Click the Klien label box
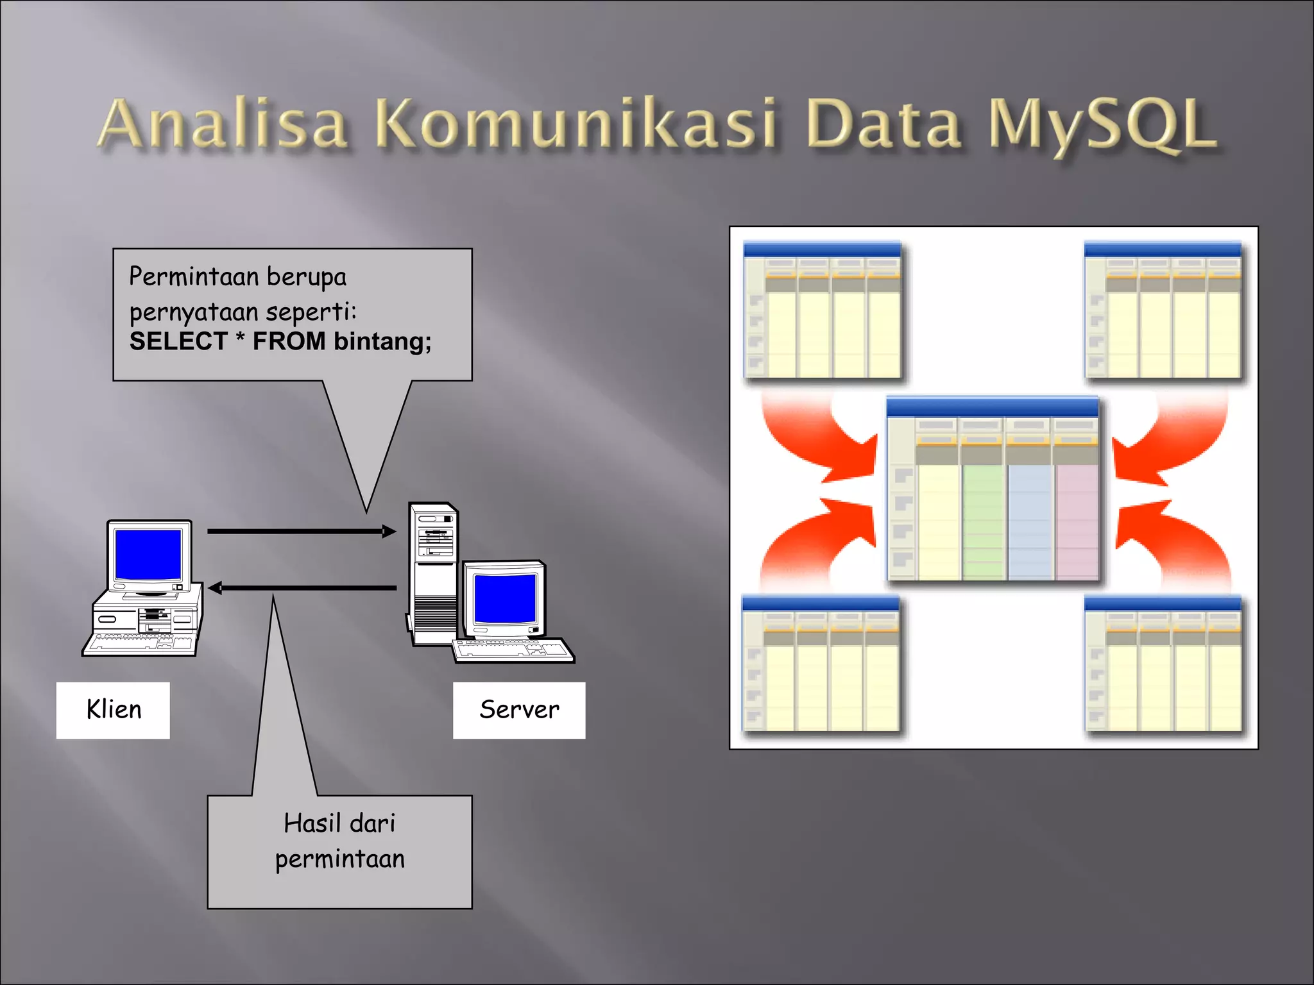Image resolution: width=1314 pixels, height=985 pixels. (113, 710)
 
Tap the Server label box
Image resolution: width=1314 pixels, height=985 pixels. (518, 710)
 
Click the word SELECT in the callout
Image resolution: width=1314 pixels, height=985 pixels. (178, 341)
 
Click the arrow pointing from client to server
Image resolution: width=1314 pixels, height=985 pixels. (302, 531)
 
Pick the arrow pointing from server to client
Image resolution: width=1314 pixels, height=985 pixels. (302, 587)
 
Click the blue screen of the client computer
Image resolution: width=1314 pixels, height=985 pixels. (148, 554)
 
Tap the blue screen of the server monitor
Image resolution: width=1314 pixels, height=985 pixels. (504, 598)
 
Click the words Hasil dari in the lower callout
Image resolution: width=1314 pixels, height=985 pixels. (339, 823)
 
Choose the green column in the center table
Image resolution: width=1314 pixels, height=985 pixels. (982, 521)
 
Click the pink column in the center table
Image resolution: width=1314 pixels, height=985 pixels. (1076, 521)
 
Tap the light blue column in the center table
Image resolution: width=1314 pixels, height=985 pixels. (1030, 521)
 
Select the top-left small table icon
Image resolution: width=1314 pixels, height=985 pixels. (822, 310)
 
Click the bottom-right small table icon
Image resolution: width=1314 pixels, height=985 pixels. (1163, 664)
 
